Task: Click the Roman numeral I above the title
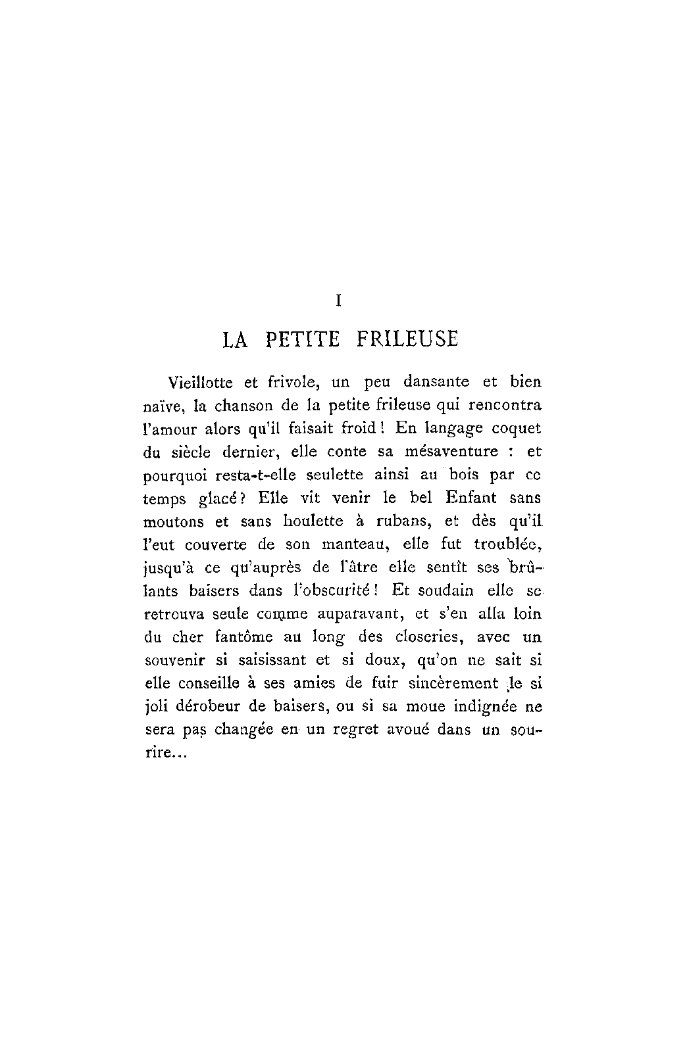click(338, 301)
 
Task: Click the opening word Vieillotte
click(197, 382)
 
